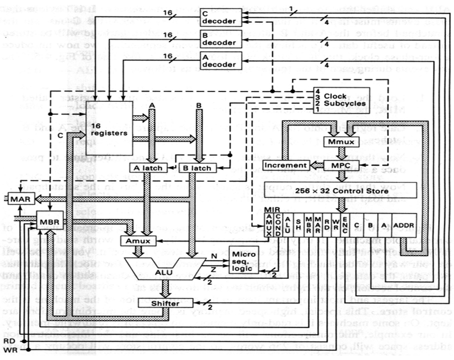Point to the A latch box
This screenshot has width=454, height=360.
pos(144,168)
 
